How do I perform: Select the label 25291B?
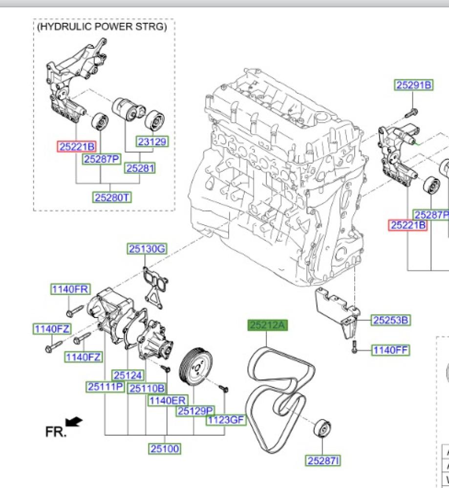coord(413,85)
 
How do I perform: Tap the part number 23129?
coord(151,142)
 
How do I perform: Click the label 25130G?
coord(147,249)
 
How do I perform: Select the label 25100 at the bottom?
coord(165,448)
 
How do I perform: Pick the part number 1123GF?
coord(225,420)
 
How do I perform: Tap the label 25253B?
coord(390,320)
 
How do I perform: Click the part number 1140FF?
coord(390,350)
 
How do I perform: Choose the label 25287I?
coord(323,460)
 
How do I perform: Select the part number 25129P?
coord(195,411)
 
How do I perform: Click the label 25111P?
coord(105,387)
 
